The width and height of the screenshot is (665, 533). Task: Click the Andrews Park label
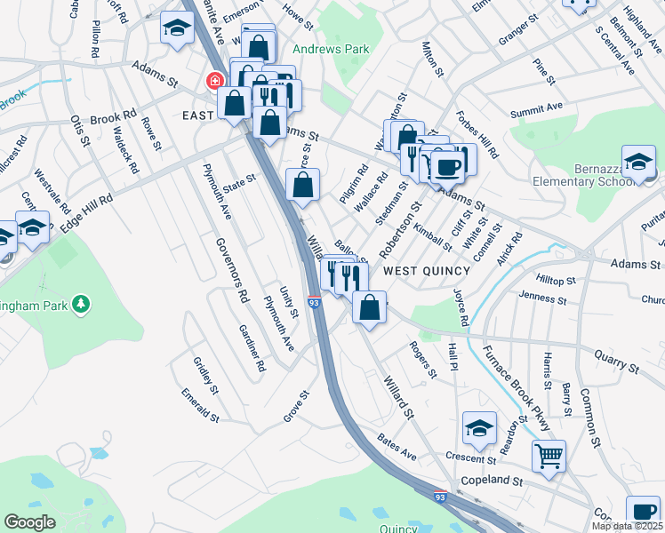tap(331, 50)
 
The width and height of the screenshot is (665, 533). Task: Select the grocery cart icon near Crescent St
tap(549, 457)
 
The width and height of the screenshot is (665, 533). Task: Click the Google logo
tap(29, 522)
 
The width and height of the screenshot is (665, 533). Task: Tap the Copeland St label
tap(492, 481)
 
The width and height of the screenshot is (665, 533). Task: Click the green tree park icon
tap(81, 306)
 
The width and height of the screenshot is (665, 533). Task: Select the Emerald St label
tap(200, 403)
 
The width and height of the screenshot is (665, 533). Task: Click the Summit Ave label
tap(537, 110)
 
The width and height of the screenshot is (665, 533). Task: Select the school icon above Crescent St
tap(478, 429)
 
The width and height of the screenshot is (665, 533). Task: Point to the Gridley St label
tap(205, 376)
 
